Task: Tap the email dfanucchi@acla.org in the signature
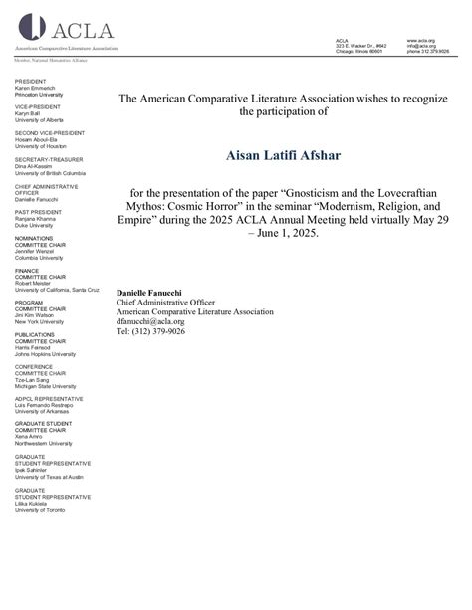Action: coord(150,321)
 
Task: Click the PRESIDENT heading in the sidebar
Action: coord(31,80)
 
